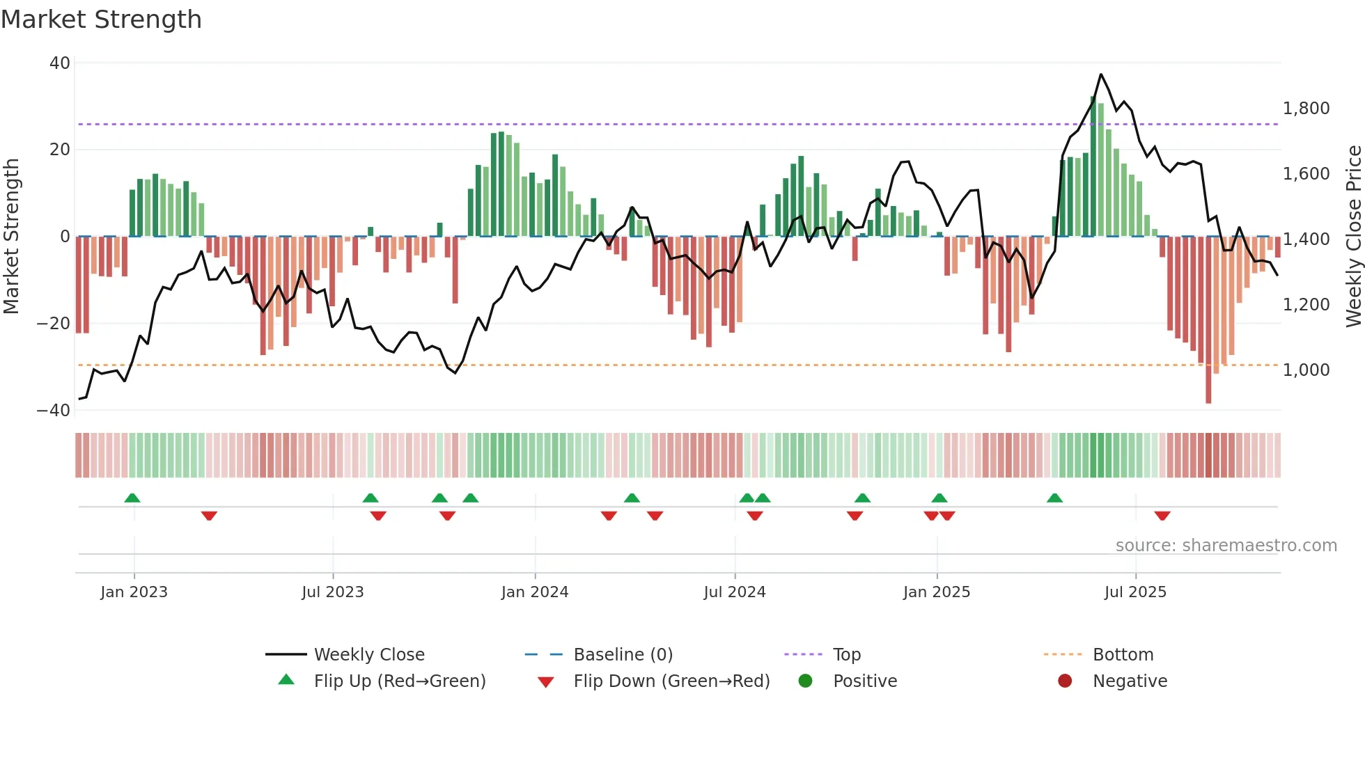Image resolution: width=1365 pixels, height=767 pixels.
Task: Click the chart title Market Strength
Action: click(x=101, y=19)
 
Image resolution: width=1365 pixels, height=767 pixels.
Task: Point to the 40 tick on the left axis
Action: click(x=60, y=63)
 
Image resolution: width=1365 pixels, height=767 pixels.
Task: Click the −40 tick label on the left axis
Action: click(x=54, y=411)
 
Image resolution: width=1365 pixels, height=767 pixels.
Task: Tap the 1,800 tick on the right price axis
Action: click(x=1306, y=109)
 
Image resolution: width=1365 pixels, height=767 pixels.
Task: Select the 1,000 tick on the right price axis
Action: click(x=1306, y=370)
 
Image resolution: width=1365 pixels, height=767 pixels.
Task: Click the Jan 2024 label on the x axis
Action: click(x=534, y=592)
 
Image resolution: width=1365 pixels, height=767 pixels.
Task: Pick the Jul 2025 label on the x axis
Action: click(x=1134, y=592)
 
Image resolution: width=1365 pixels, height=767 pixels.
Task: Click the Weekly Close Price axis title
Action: click(x=1353, y=237)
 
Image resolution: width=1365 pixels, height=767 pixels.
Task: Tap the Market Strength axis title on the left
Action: click(x=12, y=237)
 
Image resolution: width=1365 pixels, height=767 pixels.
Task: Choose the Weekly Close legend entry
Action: click(x=368, y=655)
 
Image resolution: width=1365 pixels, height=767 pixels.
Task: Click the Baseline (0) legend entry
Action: click(x=623, y=655)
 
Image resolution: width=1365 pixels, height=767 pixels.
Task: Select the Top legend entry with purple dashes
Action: click(x=846, y=655)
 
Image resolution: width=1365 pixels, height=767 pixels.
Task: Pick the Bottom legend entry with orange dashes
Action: click(x=1123, y=655)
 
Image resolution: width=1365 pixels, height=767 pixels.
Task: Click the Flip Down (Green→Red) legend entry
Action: click(x=671, y=681)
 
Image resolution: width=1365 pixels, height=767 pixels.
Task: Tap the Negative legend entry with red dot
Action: click(x=1129, y=681)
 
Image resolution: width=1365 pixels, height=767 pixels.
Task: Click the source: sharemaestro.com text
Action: click(x=1226, y=546)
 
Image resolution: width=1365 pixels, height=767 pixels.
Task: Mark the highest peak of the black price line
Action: click(x=1100, y=74)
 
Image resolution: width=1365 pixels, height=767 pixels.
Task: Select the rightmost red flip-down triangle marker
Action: click(x=1162, y=516)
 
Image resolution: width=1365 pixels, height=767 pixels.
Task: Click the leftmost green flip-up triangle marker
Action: click(x=132, y=498)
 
